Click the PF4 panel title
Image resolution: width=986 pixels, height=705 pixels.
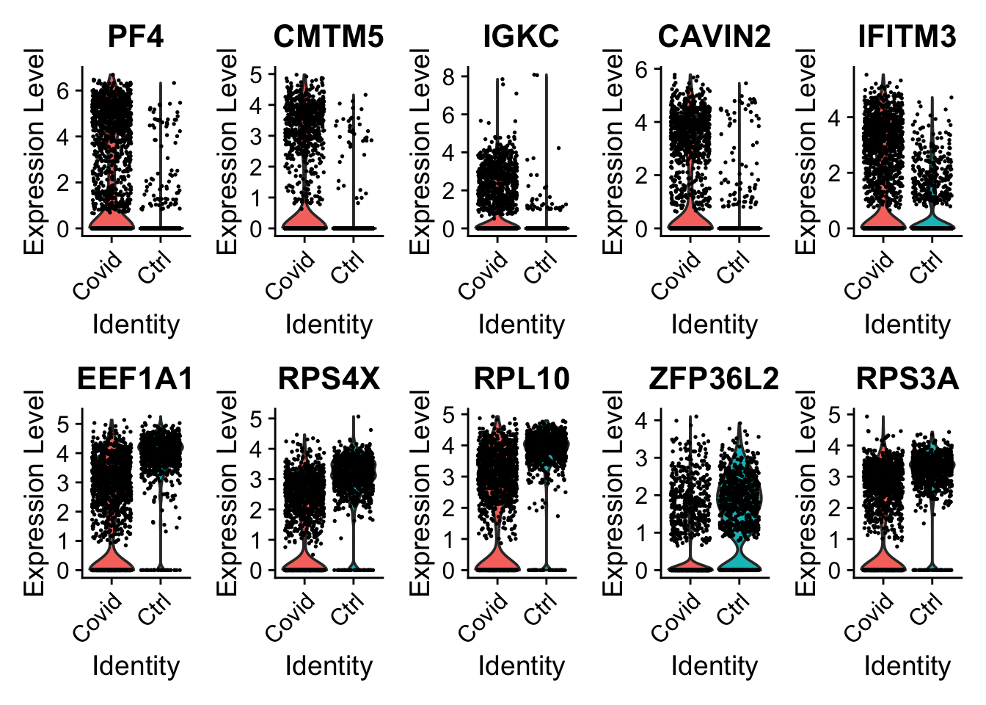click(136, 36)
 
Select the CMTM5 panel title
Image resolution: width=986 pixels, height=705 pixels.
click(328, 36)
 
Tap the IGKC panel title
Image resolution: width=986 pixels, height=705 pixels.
click(521, 36)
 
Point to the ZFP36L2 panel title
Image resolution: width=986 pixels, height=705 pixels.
click(714, 378)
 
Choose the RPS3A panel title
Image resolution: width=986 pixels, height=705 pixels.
click(907, 378)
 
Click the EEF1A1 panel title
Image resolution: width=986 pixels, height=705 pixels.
click(136, 378)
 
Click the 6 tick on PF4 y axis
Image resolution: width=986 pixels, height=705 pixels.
click(63, 90)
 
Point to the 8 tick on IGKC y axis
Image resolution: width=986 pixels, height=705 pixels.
click(448, 76)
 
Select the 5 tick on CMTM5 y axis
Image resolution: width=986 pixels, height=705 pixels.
click(255, 74)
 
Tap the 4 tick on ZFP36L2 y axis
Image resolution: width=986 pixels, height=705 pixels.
click(641, 421)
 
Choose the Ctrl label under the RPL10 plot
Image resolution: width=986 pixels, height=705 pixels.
click(541, 610)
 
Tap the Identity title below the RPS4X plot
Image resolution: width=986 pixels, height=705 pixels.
click(328, 666)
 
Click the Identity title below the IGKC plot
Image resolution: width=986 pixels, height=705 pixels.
click(521, 324)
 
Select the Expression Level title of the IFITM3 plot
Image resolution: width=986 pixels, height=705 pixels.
click(806, 151)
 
